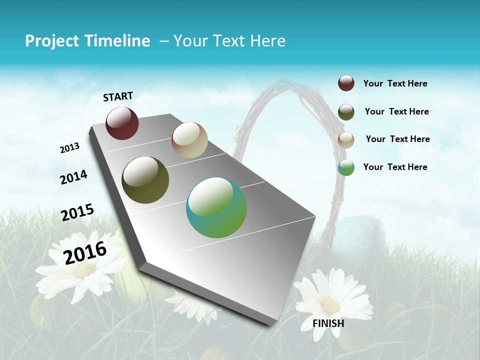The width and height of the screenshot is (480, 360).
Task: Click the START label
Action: [118, 96]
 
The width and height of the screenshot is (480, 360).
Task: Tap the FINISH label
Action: [328, 323]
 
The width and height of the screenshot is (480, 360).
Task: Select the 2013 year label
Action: [69, 148]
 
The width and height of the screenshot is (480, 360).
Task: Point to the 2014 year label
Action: [73, 177]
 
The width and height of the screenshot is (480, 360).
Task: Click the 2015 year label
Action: [77, 212]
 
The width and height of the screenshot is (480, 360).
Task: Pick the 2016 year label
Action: [85, 252]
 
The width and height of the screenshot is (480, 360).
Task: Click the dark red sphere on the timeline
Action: [122, 123]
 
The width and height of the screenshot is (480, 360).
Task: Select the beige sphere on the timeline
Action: [189, 140]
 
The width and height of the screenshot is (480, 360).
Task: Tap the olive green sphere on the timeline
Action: [145, 180]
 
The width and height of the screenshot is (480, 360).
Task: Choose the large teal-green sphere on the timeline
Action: [216, 207]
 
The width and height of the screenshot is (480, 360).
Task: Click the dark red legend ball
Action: [346, 83]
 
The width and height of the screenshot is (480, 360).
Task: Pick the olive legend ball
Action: [346, 111]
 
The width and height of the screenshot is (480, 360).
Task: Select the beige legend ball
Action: [346, 139]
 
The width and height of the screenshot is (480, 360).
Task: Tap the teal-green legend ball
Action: [346, 167]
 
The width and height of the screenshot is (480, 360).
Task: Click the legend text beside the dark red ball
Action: [395, 84]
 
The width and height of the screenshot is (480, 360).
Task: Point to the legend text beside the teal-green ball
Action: [395, 167]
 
